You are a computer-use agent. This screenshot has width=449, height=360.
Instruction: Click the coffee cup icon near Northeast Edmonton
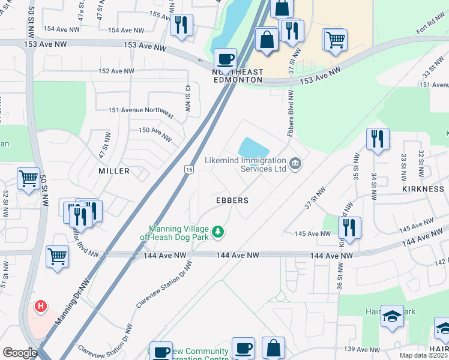pos(226,59)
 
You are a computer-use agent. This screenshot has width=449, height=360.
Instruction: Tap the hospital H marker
pos(41,307)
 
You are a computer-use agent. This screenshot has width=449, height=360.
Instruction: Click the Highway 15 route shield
pos(188,170)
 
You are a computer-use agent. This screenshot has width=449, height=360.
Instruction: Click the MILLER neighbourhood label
pos(114,171)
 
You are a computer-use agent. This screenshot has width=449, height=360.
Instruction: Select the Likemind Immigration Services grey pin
pos(295,163)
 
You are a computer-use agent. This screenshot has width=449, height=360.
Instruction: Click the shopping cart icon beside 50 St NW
pos(28,179)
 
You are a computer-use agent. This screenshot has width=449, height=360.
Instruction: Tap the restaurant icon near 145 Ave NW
pos(349,227)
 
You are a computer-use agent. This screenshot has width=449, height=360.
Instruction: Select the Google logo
pos(20,353)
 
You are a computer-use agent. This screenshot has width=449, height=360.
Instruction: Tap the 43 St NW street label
pos(188,98)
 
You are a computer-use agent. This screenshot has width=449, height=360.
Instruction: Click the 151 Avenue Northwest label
pos(141,112)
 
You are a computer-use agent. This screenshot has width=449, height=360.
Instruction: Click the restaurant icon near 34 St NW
pos(378,139)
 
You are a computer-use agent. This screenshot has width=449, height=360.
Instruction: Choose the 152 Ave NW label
pos(116,71)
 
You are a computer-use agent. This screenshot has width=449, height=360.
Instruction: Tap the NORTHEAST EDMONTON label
pos(238,76)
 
